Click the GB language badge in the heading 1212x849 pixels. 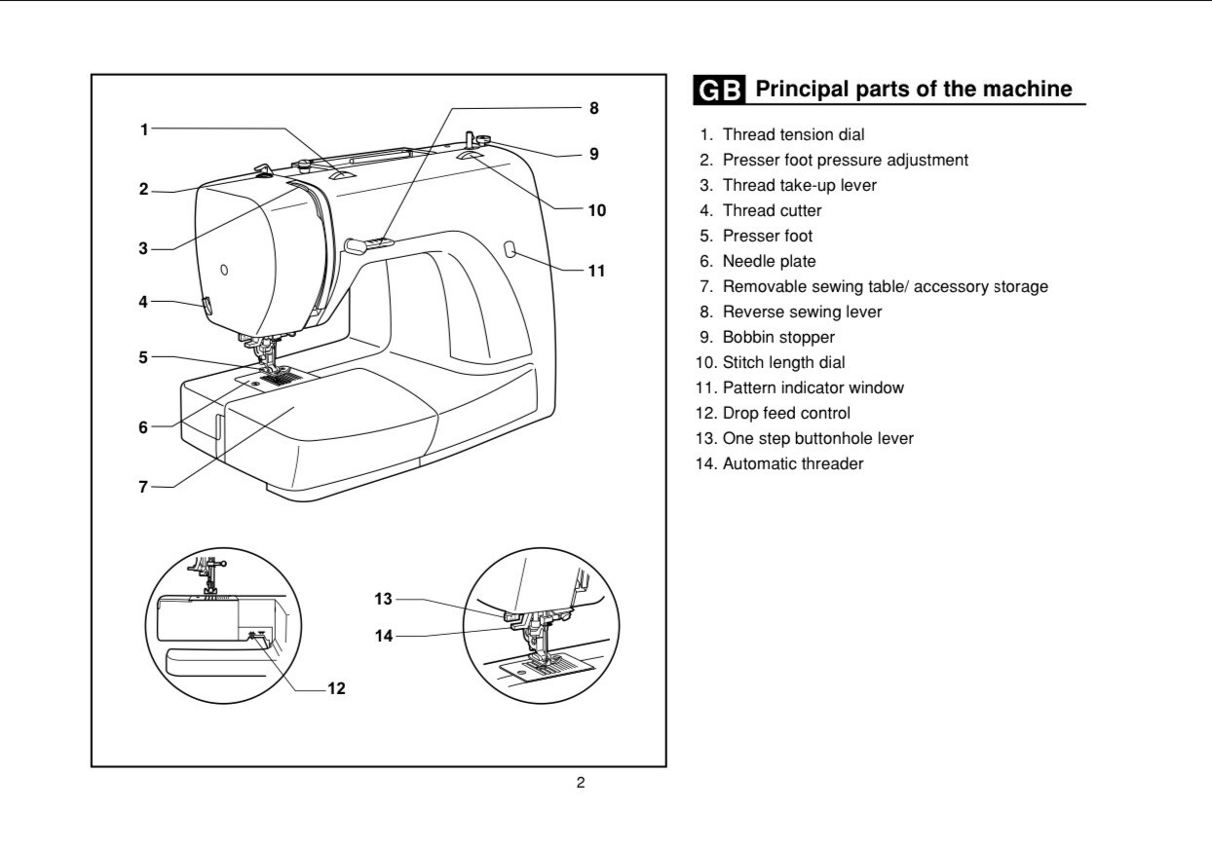tap(720, 91)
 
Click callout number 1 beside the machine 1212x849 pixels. tap(144, 129)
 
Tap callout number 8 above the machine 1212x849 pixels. tap(593, 108)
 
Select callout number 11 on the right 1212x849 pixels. tap(596, 271)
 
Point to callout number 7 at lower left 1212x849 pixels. tap(143, 487)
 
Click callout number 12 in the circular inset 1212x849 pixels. tap(336, 688)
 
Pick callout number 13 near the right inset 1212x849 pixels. tap(383, 599)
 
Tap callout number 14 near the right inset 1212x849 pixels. tap(383, 636)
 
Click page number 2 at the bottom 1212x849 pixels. tap(581, 783)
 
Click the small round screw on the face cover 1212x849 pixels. tap(223, 270)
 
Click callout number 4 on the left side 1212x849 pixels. tap(143, 302)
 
